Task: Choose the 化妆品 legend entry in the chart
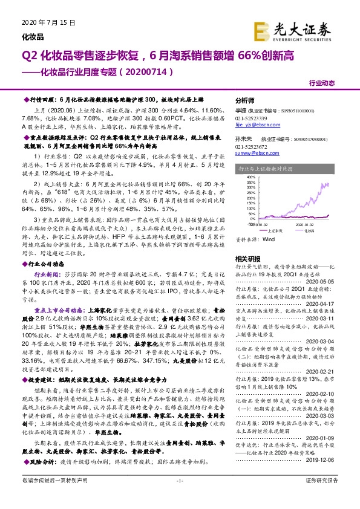point(306,231)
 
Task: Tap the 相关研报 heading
point(245,259)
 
